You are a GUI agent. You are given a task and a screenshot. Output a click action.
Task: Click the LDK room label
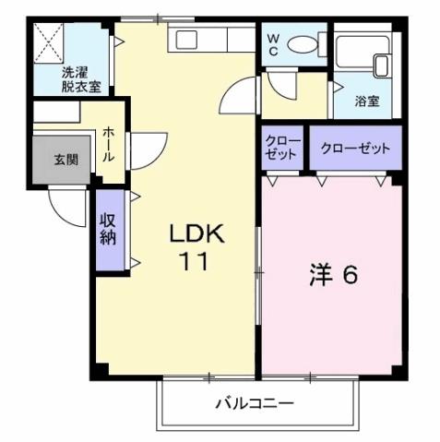coord(194,236)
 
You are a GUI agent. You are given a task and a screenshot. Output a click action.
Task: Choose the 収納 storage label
coord(107,229)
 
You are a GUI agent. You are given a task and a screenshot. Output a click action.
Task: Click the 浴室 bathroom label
coord(368,102)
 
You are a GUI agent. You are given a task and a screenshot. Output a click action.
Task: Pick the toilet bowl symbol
coord(303,44)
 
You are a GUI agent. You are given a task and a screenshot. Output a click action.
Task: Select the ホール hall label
coord(108,145)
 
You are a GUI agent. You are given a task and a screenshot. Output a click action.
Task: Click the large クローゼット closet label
coord(355,149)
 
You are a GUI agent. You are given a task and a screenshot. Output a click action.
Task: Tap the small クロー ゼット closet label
coord(280,149)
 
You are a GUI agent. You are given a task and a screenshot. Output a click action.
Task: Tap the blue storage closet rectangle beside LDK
coord(108,231)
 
